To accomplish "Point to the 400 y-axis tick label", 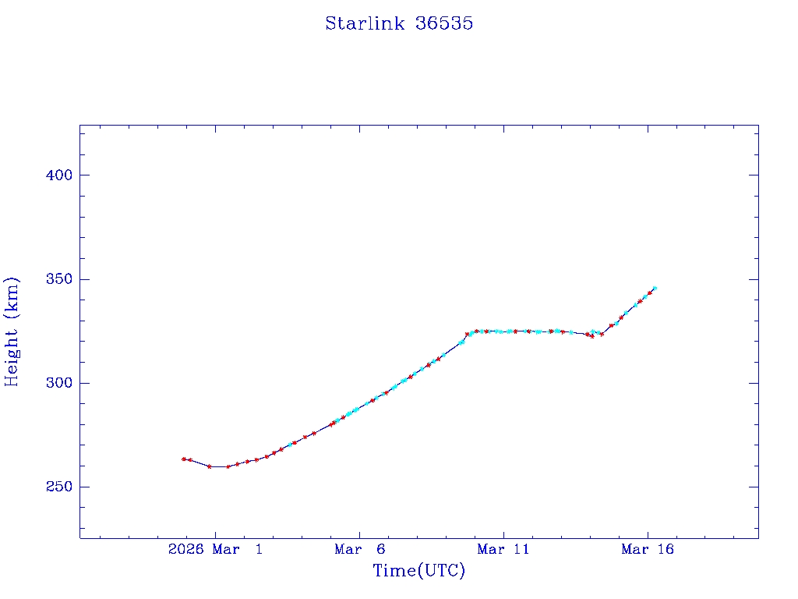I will click(x=58, y=175).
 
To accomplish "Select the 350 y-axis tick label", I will click(x=58, y=279).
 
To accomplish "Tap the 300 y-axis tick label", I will click(x=58, y=383).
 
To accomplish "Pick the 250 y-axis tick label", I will click(x=58, y=487).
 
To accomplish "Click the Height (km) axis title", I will click(x=12, y=331).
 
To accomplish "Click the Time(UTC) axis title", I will click(x=418, y=571).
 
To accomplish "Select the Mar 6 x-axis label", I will click(x=358, y=550).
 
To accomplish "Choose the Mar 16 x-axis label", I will click(x=647, y=550).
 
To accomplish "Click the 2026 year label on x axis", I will click(x=185, y=550).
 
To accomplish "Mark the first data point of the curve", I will click(x=184, y=459).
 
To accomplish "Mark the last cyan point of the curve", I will click(x=655, y=288).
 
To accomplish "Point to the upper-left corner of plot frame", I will click(x=80, y=125).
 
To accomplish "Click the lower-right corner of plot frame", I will click(x=758, y=538).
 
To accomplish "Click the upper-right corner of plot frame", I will click(x=758, y=125).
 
